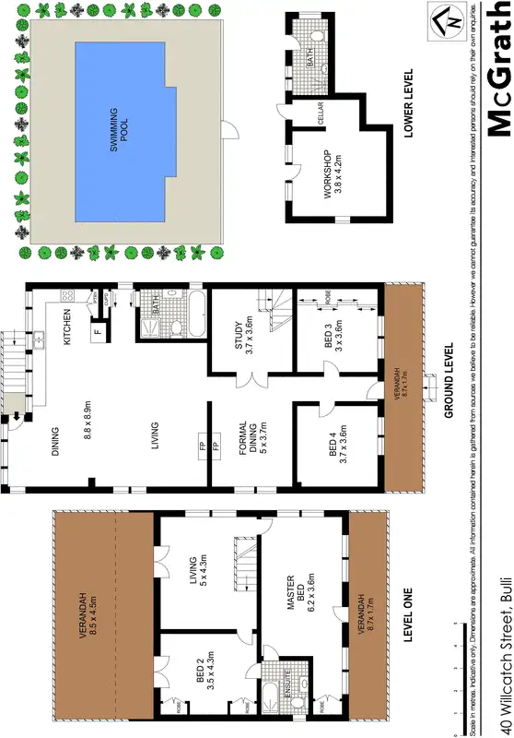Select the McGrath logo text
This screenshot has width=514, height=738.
[x=497, y=68]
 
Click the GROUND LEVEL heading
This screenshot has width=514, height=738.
[x=449, y=381]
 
